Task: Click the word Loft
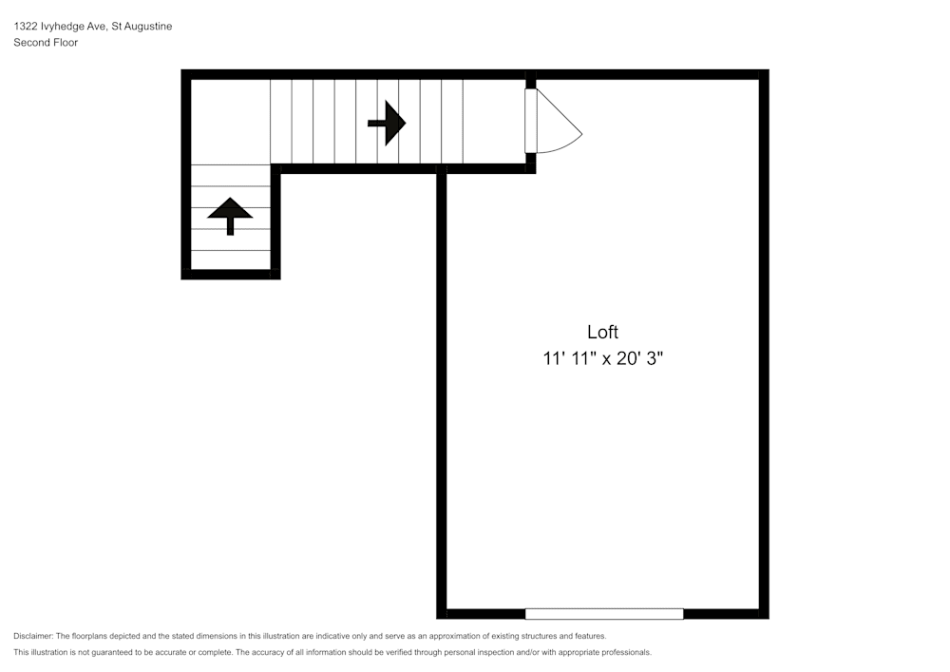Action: [602, 332]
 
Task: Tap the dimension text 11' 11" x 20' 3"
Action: [602, 359]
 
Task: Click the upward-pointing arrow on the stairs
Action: [230, 215]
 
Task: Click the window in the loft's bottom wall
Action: [604, 614]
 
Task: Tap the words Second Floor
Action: [46, 43]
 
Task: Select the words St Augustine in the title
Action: [142, 27]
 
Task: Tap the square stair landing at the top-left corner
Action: [231, 122]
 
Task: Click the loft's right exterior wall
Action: [764, 342]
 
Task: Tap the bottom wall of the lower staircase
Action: [231, 275]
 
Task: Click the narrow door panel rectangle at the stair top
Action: [530, 121]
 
